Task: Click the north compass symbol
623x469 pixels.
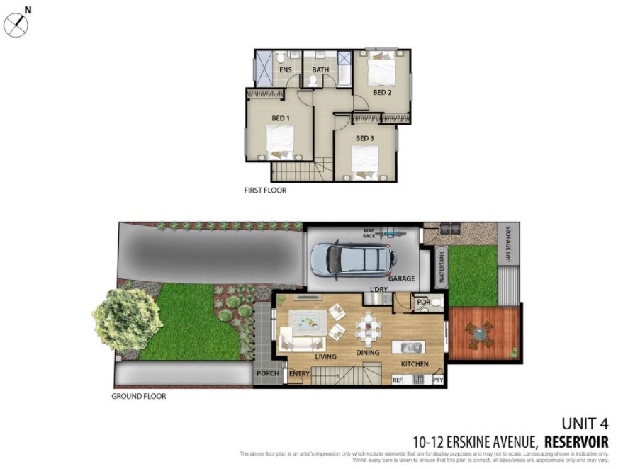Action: [16, 26]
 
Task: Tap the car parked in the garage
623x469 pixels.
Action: [352, 259]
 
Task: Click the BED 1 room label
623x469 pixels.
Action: [281, 118]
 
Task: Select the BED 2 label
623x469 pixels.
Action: [382, 93]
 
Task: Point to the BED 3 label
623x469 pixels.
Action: [364, 138]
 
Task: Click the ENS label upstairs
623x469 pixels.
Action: [286, 70]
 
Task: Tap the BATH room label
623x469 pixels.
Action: [320, 70]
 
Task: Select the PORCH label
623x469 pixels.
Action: [267, 373]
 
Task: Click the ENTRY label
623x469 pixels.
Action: [299, 373]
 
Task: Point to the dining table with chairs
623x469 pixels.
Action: [367, 328]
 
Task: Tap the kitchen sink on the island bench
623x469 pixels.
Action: [412, 347]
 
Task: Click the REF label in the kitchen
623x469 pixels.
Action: [398, 380]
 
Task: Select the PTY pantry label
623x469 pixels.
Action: [437, 380]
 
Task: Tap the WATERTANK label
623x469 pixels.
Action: [441, 267]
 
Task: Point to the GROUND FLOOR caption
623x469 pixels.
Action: [139, 397]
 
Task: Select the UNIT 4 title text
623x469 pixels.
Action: [585, 424]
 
